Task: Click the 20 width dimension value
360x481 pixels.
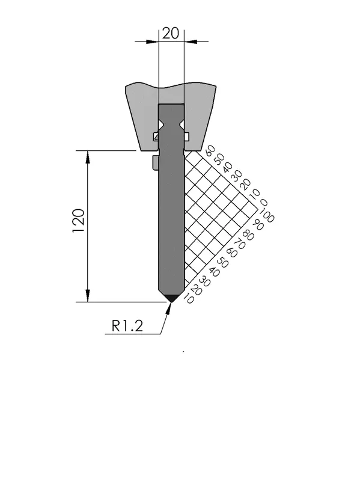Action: [171, 33]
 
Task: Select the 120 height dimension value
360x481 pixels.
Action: [78, 221]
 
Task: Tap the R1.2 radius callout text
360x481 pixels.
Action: [127, 326]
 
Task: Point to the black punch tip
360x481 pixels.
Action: [171, 298]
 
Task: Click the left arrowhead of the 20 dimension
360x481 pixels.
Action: [152, 41]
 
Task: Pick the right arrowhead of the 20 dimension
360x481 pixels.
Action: [191, 41]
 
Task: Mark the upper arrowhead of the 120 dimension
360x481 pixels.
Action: [88, 157]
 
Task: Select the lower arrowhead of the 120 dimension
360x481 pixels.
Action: [88, 296]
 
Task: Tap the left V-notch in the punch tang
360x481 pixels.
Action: [161, 124]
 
